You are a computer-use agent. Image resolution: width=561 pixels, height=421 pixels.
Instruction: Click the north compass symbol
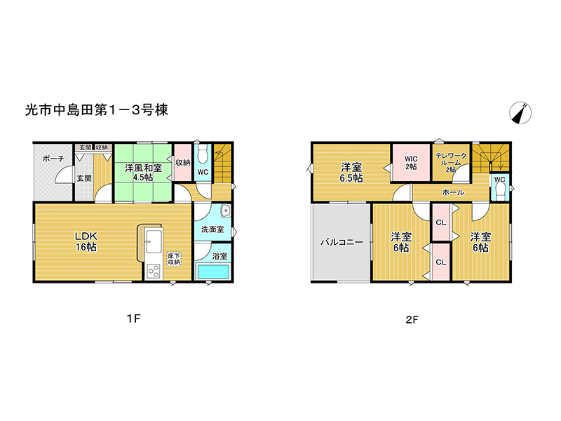click(x=520, y=113)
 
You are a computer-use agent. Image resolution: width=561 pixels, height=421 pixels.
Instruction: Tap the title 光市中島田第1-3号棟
click(x=97, y=110)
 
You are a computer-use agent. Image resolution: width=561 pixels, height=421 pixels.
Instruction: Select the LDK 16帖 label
click(x=86, y=241)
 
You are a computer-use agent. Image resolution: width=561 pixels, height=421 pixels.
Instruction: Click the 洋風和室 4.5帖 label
click(x=143, y=173)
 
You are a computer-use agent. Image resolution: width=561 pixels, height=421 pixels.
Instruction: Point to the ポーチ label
click(x=53, y=159)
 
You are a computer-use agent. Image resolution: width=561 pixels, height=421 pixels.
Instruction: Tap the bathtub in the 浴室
click(x=213, y=272)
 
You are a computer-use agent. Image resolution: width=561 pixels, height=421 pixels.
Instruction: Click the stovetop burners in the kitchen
click(x=154, y=272)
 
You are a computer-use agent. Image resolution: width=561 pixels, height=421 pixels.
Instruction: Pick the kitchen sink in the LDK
click(x=154, y=241)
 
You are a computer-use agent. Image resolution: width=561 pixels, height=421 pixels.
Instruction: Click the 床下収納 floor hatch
click(x=174, y=259)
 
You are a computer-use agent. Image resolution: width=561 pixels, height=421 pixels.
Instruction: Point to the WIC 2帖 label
click(x=411, y=163)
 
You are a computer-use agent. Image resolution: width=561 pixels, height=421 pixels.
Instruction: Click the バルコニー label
click(x=342, y=242)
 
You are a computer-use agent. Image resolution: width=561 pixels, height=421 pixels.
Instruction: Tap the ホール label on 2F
click(x=453, y=192)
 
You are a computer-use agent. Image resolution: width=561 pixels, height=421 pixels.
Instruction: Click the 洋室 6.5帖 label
click(x=351, y=173)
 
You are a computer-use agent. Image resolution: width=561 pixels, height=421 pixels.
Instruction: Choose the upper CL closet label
click(x=441, y=222)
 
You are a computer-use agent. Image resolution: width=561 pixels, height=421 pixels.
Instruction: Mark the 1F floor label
click(x=134, y=318)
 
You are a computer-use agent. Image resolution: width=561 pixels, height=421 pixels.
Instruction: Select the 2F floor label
click(x=412, y=319)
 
